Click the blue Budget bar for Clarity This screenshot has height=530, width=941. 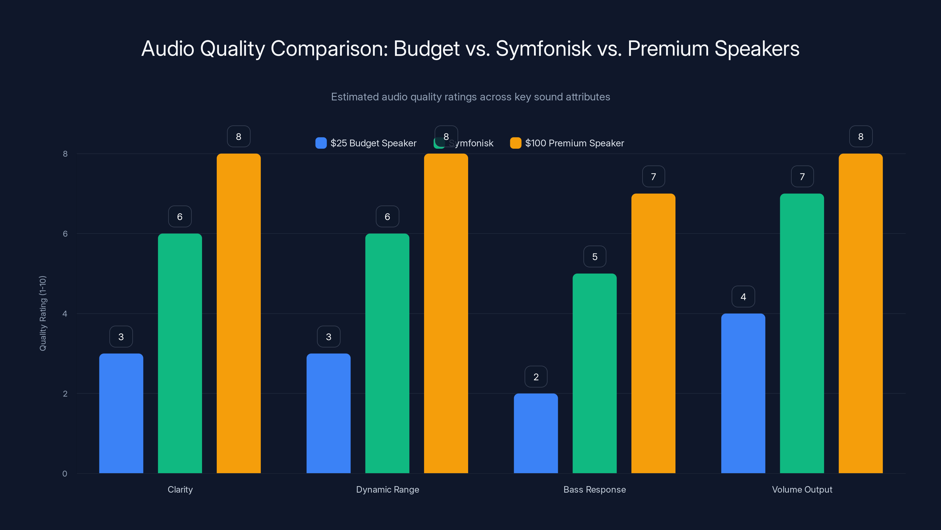coord(121,413)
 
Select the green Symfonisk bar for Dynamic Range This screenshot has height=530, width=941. coord(387,353)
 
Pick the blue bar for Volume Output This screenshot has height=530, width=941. coord(743,393)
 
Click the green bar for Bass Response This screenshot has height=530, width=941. coord(594,373)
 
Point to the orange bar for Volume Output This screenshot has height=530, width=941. coord(861,313)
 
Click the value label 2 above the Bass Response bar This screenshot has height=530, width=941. coord(536,377)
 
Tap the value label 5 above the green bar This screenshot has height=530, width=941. coord(595,257)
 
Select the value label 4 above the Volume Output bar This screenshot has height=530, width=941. coord(743,297)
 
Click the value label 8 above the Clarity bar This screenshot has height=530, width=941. coord(238,136)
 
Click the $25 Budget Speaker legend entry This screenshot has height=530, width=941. coord(366,143)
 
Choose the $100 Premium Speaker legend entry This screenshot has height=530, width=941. coord(567,143)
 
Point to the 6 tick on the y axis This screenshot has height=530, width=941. coord(65,234)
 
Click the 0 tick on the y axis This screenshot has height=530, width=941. coord(65,474)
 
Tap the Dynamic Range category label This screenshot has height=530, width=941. coord(387,489)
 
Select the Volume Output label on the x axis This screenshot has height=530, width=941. coord(802,489)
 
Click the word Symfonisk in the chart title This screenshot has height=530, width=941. coord(543,49)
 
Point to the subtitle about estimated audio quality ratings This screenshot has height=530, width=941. coord(470,97)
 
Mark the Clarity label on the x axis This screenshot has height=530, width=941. coord(180,489)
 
